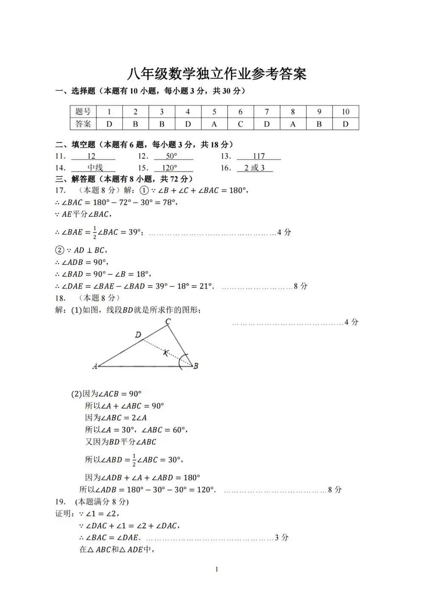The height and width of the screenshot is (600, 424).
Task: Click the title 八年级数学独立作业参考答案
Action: (217, 73)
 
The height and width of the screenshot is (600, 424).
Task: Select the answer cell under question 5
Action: (214, 124)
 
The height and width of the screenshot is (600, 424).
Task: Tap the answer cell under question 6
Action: (240, 124)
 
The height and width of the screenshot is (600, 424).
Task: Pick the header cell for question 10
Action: (346, 112)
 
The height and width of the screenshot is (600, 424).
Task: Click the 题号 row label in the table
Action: (83, 112)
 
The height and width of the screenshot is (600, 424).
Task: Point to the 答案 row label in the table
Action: (83, 124)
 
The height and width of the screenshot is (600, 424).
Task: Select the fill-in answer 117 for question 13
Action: (259, 156)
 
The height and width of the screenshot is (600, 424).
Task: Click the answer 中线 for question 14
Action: (95, 168)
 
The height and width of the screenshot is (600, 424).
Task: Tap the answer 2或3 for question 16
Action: (254, 168)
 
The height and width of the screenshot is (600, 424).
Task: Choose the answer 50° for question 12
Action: (171, 156)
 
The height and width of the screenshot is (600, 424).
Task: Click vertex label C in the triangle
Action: (168, 322)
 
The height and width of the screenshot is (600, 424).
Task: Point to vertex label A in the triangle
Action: (95, 366)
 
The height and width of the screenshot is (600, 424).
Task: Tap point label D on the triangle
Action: (138, 335)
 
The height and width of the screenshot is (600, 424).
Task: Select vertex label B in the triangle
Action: (196, 366)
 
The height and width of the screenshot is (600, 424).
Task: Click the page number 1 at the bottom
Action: (217, 569)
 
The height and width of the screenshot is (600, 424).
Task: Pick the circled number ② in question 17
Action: (60, 250)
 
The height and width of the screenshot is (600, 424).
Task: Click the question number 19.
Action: (60, 502)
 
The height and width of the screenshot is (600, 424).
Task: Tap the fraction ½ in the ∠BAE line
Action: (95, 232)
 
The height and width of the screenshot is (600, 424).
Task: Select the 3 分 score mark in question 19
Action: (282, 538)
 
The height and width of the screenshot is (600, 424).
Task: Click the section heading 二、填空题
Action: (75, 145)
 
